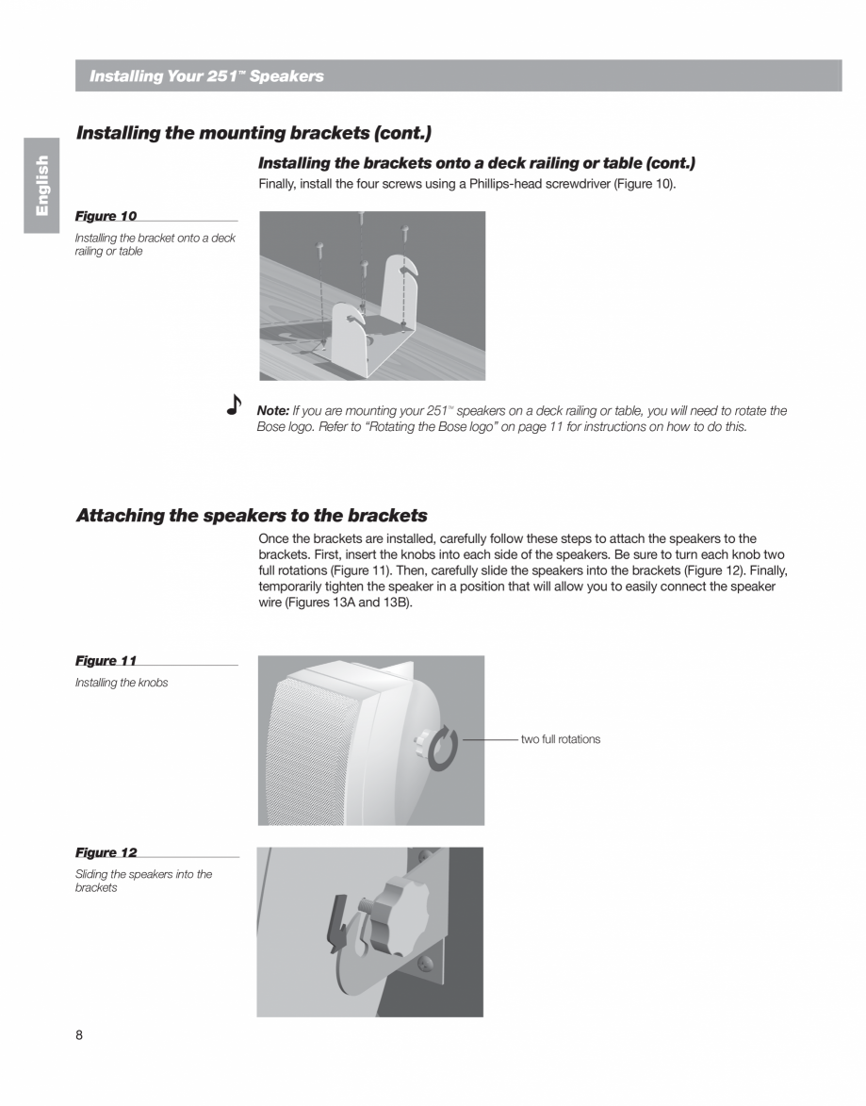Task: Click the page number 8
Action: click(x=79, y=1035)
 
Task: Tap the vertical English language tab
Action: click(x=41, y=186)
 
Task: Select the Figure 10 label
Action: click(x=106, y=216)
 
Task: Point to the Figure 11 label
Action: click(x=106, y=661)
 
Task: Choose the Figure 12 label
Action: click(x=106, y=852)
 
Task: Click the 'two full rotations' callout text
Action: click(x=560, y=739)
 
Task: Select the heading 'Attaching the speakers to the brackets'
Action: click(x=252, y=516)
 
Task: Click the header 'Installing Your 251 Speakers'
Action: click(x=206, y=76)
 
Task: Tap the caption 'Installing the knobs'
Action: click(x=122, y=683)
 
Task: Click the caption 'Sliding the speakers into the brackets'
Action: click(x=143, y=881)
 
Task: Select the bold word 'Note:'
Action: click(x=273, y=411)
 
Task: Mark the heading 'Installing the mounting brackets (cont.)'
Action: click(x=253, y=133)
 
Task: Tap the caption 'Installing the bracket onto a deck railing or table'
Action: click(x=155, y=244)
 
